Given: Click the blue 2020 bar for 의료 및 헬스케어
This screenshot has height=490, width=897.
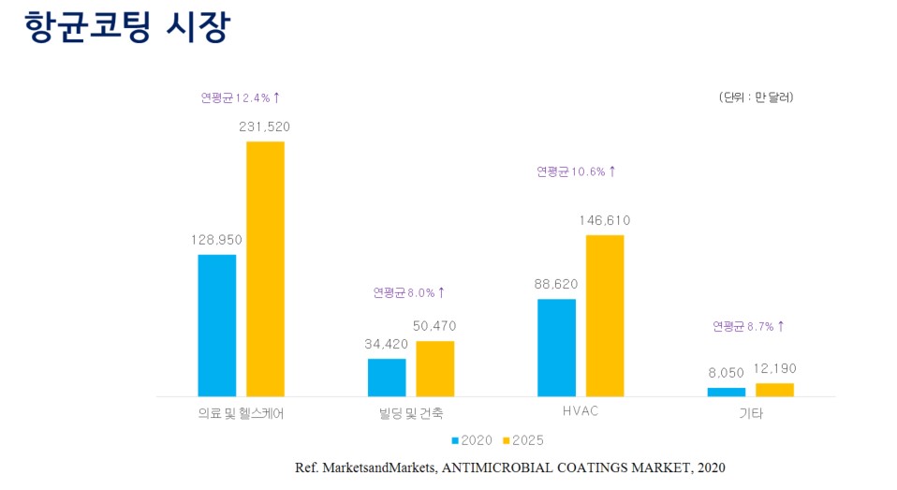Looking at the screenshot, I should pyautogui.click(x=217, y=325).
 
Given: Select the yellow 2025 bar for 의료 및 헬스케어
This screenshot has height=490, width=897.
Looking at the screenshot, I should pyautogui.click(x=265, y=269).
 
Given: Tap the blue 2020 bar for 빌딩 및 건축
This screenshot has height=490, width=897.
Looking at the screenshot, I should pyautogui.click(x=387, y=377).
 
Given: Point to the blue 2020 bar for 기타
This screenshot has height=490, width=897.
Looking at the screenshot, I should pyautogui.click(x=726, y=392).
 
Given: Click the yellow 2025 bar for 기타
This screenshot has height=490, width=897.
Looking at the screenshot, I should pyautogui.click(x=774, y=390).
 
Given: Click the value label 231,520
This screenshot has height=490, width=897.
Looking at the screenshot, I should pyautogui.click(x=265, y=126).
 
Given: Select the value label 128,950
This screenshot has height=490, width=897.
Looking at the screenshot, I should pyautogui.click(x=216, y=240).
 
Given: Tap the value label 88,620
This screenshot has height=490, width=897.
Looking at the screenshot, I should pyautogui.click(x=556, y=284).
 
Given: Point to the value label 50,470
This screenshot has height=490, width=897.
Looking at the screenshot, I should pyautogui.click(x=435, y=326).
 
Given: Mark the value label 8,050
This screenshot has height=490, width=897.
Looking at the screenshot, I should pyautogui.click(x=727, y=372).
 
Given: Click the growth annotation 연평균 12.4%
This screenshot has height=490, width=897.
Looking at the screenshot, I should pyautogui.click(x=241, y=97).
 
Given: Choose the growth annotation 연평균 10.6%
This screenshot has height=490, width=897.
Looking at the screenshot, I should pyautogui.click(x=576, y=171).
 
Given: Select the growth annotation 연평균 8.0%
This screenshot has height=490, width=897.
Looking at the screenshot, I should pyautogui.click(x=409, y=292).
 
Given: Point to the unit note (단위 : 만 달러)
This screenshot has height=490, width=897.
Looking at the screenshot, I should pyautogui.click(x=756, y=97).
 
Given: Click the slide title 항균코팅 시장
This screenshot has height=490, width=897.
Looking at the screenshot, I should pyautogui.click(x=126, y=26).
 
